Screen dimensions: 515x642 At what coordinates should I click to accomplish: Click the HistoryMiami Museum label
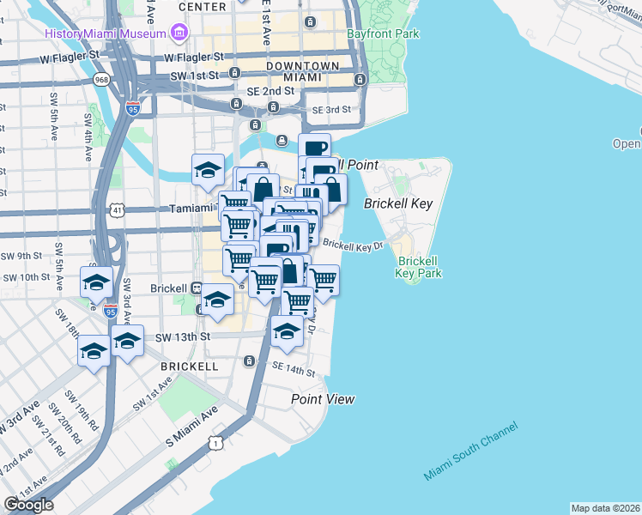104,33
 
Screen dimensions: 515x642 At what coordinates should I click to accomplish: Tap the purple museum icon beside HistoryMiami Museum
179,33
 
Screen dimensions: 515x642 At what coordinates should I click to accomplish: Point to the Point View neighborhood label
323,399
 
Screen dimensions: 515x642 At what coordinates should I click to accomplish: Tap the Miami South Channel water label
470,451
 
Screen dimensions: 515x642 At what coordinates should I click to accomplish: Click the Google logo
28,505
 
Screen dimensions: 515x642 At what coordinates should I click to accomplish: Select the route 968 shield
102,80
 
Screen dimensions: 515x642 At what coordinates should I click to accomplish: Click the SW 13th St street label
182,337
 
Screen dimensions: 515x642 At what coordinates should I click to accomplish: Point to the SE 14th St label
294,370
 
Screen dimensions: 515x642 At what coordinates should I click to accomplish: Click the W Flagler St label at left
70,60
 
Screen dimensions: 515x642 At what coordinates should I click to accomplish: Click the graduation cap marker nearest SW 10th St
97,282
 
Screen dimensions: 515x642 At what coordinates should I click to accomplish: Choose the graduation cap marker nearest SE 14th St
287,331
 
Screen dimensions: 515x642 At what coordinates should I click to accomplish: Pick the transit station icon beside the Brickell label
197,288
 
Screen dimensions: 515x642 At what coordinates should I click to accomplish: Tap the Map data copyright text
604,508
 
